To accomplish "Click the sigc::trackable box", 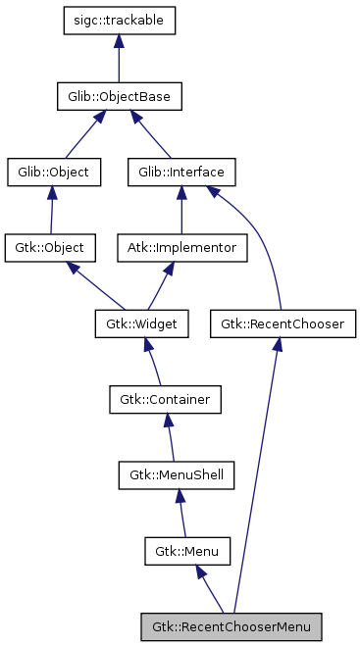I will coord(119,21).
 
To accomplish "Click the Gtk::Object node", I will coord(50,247).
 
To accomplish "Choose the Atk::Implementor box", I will coord(181,247).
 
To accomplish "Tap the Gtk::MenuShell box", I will coord(178,474).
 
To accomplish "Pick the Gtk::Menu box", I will coord(187,550).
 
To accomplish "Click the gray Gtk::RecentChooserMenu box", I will coord(231,624).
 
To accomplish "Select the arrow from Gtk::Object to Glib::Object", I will coord(52,210).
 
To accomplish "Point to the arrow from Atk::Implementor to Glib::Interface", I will coord(181,210).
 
